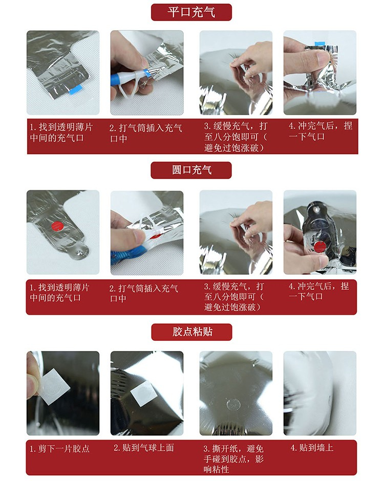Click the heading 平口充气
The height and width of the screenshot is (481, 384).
191,12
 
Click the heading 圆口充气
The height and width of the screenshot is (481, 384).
191,170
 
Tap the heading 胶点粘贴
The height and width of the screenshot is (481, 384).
192,332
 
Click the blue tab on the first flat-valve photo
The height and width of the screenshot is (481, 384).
75,90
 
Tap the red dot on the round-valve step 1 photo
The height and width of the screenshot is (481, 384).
57,226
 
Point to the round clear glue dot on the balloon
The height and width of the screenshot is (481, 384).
232,405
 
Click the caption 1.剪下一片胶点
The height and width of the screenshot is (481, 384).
59,449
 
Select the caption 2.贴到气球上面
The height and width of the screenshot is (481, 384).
144,448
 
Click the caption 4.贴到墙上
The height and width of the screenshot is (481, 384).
312,448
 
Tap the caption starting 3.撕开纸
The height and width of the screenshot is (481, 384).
233,459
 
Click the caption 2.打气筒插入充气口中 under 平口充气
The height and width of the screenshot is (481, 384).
145,134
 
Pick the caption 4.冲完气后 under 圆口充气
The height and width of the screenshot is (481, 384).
319,291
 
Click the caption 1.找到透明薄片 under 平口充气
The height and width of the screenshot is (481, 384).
61,133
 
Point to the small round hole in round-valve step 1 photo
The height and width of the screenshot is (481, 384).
80,252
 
